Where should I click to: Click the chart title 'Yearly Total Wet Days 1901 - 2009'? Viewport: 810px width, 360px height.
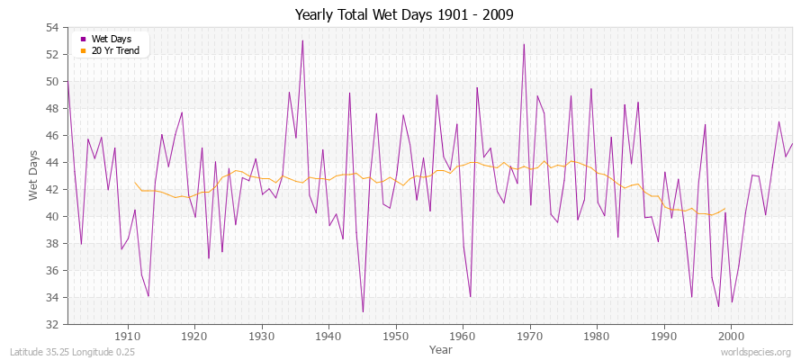404,15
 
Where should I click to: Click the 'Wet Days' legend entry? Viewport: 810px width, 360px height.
110,40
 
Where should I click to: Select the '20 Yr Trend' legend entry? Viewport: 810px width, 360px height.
114,50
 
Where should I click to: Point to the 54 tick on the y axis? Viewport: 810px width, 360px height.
52,28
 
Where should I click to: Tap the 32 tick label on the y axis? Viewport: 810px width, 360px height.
52,325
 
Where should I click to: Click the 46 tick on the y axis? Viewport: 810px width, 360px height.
52,136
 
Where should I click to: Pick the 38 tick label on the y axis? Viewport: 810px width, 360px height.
52,244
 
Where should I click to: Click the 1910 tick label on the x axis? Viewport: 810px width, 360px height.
127,336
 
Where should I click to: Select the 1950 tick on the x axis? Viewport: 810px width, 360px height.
395,336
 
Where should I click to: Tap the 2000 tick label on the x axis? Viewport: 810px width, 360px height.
731,336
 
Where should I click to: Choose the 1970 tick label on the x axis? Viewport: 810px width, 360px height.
529,336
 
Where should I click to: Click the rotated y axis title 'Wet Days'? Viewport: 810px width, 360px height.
33,176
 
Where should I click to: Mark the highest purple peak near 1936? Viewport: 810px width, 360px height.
302,40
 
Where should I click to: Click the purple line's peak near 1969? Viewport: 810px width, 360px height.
524,44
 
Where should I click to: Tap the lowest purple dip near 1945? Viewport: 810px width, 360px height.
363,311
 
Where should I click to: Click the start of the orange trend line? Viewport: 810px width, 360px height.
135,183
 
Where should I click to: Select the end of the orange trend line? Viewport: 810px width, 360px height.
724,209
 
